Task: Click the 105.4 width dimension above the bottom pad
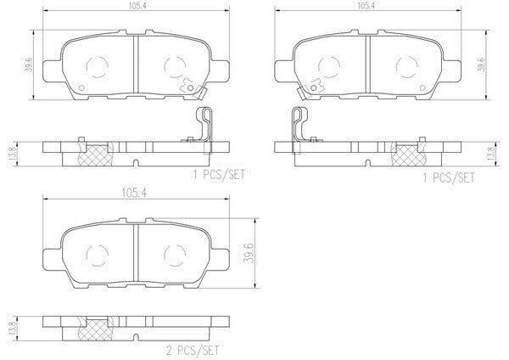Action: (134, 194)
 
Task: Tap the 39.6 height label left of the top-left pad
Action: (29, 65)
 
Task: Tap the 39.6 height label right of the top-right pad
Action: (482, 65)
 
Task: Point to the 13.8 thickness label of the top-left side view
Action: (13, 155)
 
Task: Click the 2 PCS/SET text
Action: (193, 351)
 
